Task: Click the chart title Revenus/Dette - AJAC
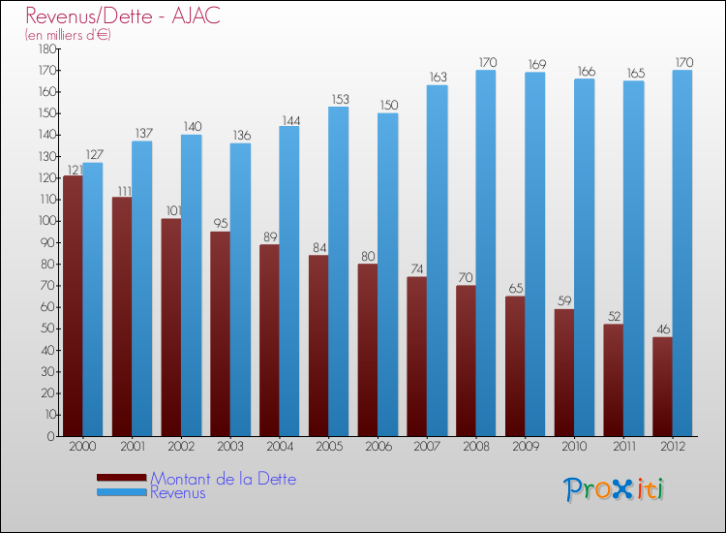[123, 16]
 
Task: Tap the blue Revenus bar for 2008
[486, 253]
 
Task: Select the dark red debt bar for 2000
[73, 305]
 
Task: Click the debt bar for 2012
[662, 386]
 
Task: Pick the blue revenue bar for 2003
[240, 290]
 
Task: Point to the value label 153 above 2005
[339, 99]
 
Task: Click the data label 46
[662, 329]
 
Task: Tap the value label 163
[438, 78]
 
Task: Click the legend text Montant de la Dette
[223, 479]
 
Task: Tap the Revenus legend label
[178, 492]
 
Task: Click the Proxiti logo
[615, 489]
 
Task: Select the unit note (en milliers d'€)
[68, 35]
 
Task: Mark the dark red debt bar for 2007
[416, 357]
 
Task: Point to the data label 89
[269, 236]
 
